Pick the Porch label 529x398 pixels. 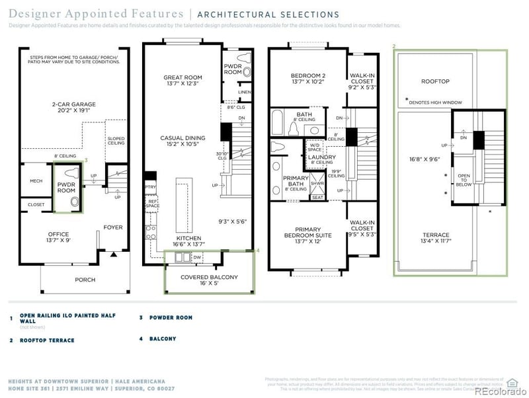pos(85,280)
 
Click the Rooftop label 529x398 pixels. pos(435,81)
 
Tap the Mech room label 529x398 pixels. pos(36,181)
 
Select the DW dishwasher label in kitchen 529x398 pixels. pos(197,257)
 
